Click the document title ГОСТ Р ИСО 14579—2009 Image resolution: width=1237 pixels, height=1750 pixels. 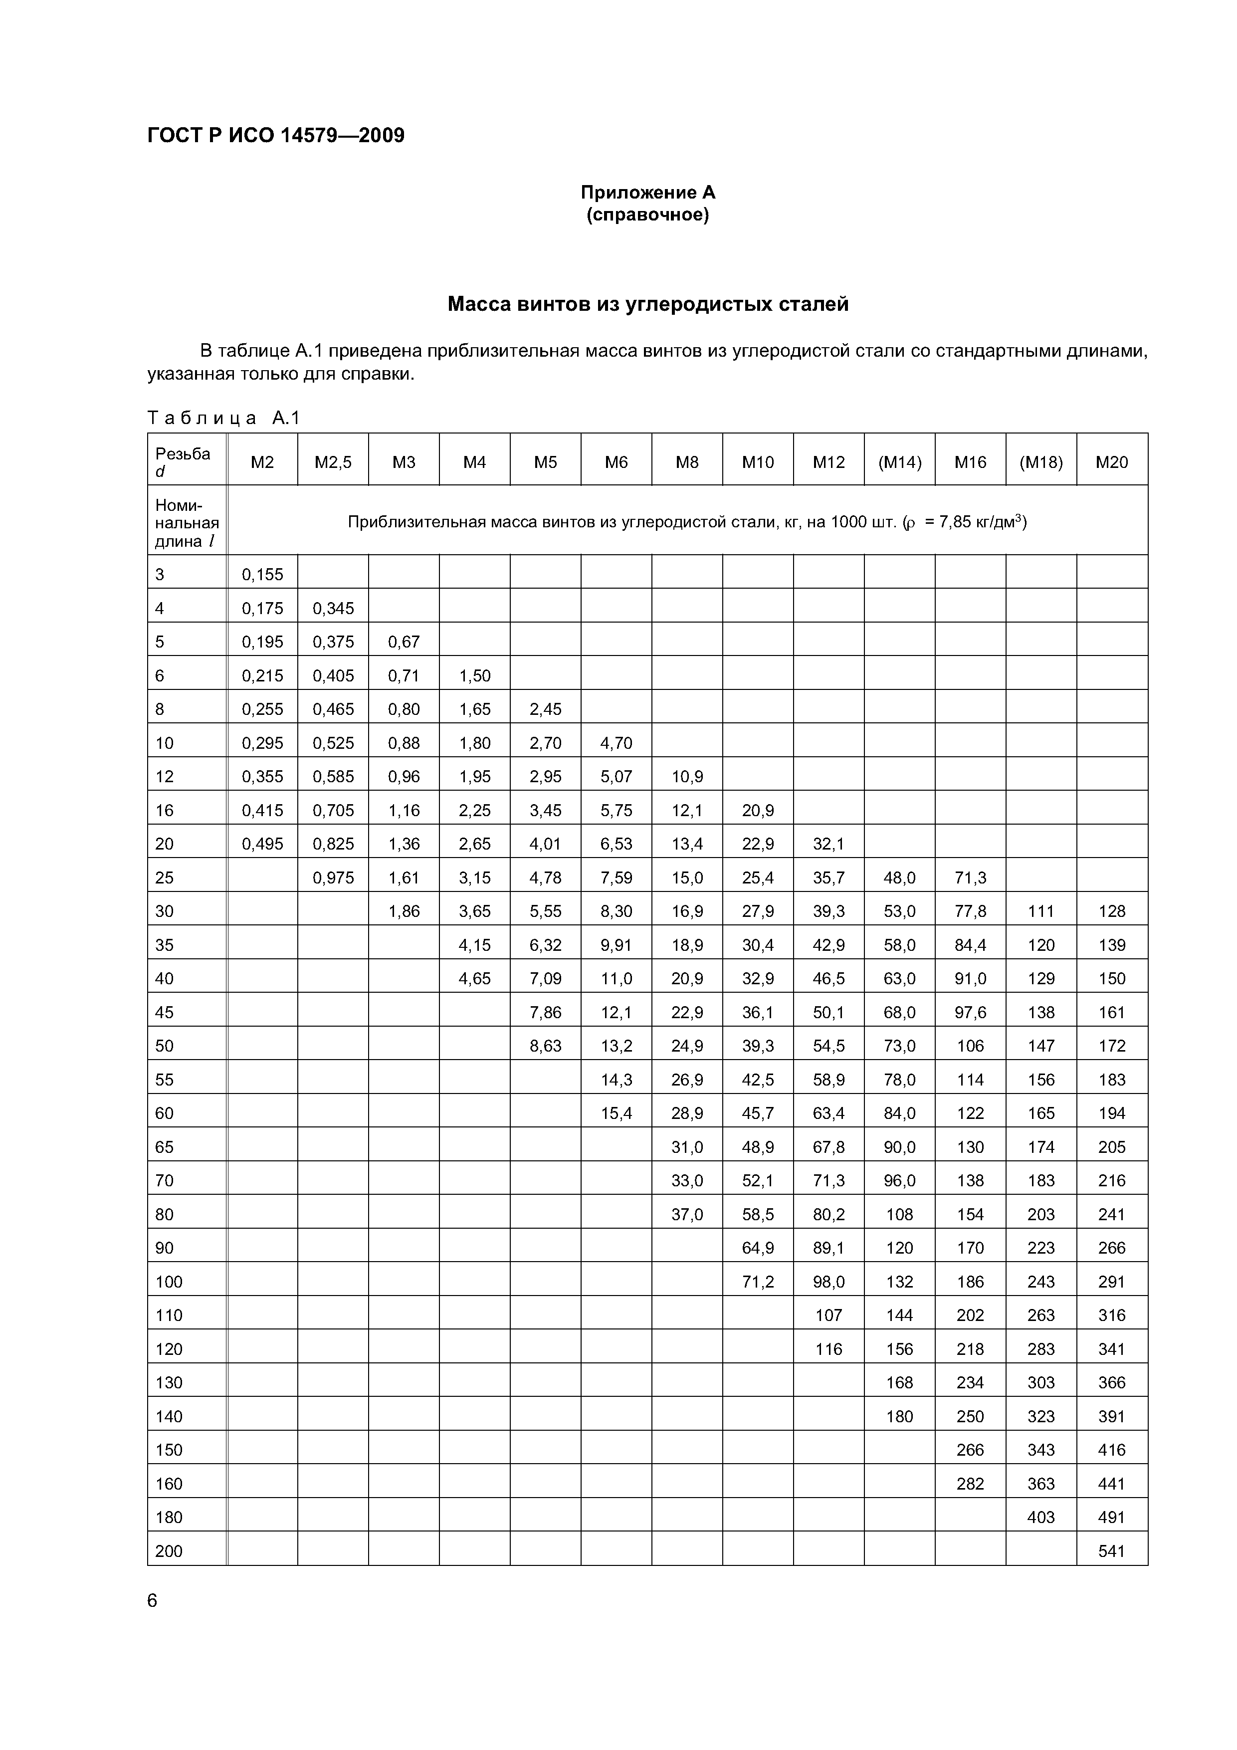[x=276, y=136]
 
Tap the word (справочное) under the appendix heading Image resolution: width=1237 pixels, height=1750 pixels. [x=648, y=216]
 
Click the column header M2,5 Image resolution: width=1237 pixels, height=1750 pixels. [x=333, y=462]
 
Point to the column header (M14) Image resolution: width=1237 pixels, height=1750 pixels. [x=899, y=462]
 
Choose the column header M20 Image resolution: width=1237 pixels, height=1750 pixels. [x=1111, y=462]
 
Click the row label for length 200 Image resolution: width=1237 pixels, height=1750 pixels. [x=169, y=1551]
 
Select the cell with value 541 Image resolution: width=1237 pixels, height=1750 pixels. [x=1111, y=1551]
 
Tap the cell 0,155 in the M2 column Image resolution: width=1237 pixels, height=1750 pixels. [x=262, y=575]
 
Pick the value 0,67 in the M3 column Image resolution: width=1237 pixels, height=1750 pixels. [x=404, y=642]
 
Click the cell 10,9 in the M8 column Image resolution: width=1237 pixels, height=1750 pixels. [x=687, y=777]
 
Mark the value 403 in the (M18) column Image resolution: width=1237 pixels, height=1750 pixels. [x=1040, y=1518]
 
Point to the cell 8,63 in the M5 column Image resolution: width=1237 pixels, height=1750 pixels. [x=545, y=1046]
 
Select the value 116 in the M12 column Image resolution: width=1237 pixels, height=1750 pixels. [x=828, y=1349]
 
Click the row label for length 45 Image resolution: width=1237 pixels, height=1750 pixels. [x=165, y=1012]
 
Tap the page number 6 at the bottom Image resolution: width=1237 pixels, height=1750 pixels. [x=153, y=1601]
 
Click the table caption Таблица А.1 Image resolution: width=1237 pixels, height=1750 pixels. [x=224, y=418]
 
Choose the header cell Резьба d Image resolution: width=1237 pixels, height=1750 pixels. [x=183, y=462]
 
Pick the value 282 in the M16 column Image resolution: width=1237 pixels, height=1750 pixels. [x=970, y=1483]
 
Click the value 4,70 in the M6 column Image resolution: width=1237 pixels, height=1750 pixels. [x=616, y=743]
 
